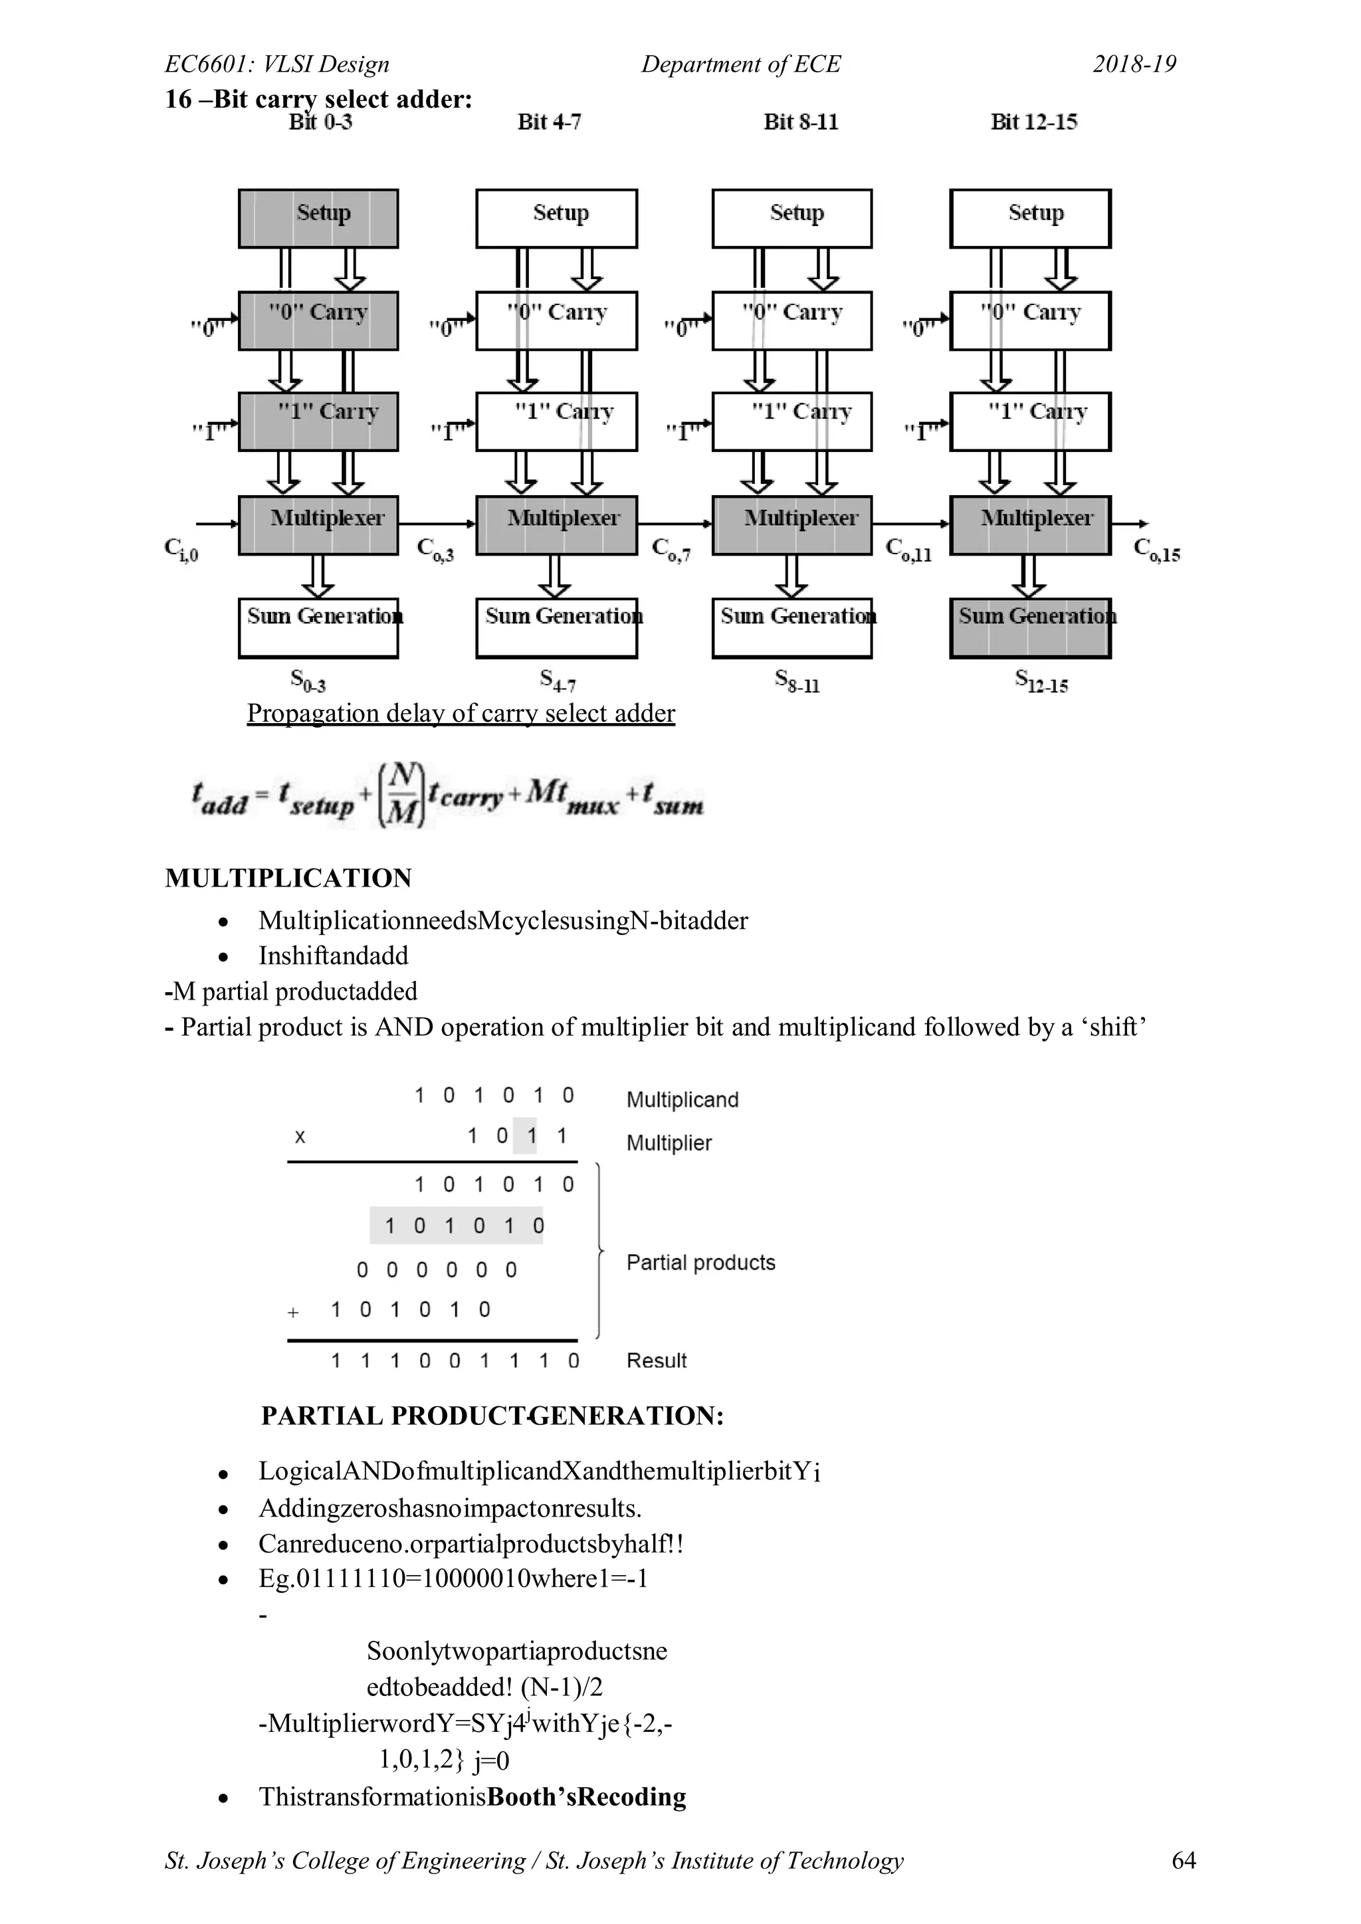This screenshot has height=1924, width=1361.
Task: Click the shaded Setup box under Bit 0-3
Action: pos(318,218)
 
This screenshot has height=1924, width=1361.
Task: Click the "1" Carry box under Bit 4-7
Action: pos(556,421)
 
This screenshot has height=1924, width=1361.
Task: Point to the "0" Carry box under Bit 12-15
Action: pos(1030,320)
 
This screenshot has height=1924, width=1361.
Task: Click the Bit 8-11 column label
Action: pos(800,122)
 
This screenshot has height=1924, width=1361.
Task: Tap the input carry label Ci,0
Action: pos(181,550)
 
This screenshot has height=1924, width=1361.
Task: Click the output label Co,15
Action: pos(1156,550)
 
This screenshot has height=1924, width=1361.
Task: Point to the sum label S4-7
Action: pos(558,680)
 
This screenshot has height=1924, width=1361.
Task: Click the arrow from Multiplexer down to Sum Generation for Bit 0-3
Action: pos(318,576)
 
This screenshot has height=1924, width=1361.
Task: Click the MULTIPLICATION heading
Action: pos(288,878)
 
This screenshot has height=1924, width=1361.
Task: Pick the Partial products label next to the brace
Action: pos(700,1263)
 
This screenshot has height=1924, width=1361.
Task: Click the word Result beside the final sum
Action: pos(656,1361)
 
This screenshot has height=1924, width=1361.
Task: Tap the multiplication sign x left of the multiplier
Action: pos(300,1137)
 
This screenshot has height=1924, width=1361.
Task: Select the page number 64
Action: pos(1184,1860)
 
